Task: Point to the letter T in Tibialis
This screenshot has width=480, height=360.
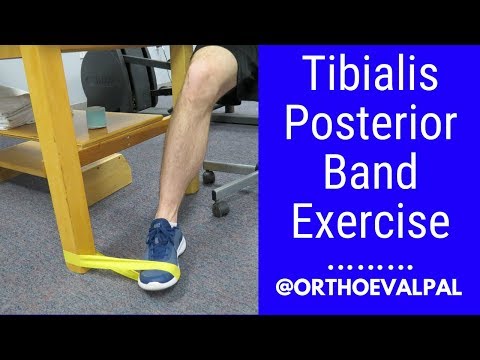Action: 299,77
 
